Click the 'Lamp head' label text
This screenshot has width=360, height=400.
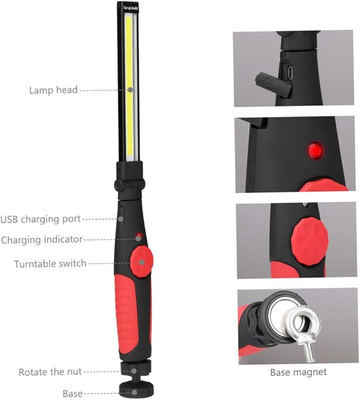click(x=53, y=90)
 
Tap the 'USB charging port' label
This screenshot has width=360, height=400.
click(x=40, y=219)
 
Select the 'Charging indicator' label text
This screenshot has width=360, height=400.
click(x=42, y=240)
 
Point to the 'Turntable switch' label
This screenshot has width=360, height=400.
click(x=50, y=263)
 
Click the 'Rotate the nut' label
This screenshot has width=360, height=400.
click(x=50, y=372)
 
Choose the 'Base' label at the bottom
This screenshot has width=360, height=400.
click(x=72, y=394)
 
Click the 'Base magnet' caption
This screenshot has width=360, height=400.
click(x=298, y=372)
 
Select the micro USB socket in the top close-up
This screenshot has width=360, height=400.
click(x=290, y=72)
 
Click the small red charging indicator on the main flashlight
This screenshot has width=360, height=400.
click(x=139, y=236)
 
